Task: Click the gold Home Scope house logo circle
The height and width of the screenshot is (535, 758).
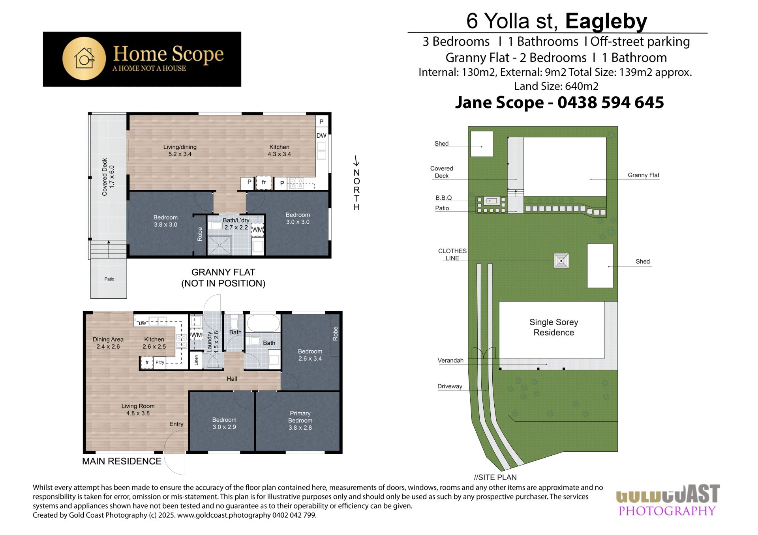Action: [x=84, y=59]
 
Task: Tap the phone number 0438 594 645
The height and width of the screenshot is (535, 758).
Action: [x=611, y=103]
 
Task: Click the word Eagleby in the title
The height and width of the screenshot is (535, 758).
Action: [x=606, y=21]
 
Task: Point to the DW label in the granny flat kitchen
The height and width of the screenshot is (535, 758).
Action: [x=321, y=136]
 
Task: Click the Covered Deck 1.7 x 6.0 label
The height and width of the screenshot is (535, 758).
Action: [x=108, y=177]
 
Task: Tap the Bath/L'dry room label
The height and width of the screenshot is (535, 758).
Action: [x=236, y=224]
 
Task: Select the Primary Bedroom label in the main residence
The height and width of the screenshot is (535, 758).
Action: [x=300, y=420]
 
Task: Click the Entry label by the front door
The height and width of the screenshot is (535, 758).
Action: [x=176, y=424]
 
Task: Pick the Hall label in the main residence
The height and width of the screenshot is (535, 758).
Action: [x=232, y=379]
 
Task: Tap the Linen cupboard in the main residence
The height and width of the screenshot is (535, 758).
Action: [x=197, y=360]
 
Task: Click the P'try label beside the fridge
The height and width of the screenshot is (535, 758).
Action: [x=160, y=363]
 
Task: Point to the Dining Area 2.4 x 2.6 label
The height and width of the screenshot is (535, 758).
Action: [x=108, y=343]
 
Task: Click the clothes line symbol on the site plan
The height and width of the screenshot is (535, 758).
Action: [x=561, y=261]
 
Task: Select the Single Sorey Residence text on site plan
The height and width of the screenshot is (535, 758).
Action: [x=553, y=327]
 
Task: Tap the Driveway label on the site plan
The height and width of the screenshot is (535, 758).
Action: [x=450, y=387]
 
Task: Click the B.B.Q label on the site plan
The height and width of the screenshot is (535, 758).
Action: [x=444, y=198]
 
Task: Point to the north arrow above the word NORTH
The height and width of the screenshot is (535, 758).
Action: [x=356, y=161]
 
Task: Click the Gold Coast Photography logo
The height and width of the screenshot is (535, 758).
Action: [x=667, y=500]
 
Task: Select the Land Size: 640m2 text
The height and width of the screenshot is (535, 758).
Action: [x=556, y=86]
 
